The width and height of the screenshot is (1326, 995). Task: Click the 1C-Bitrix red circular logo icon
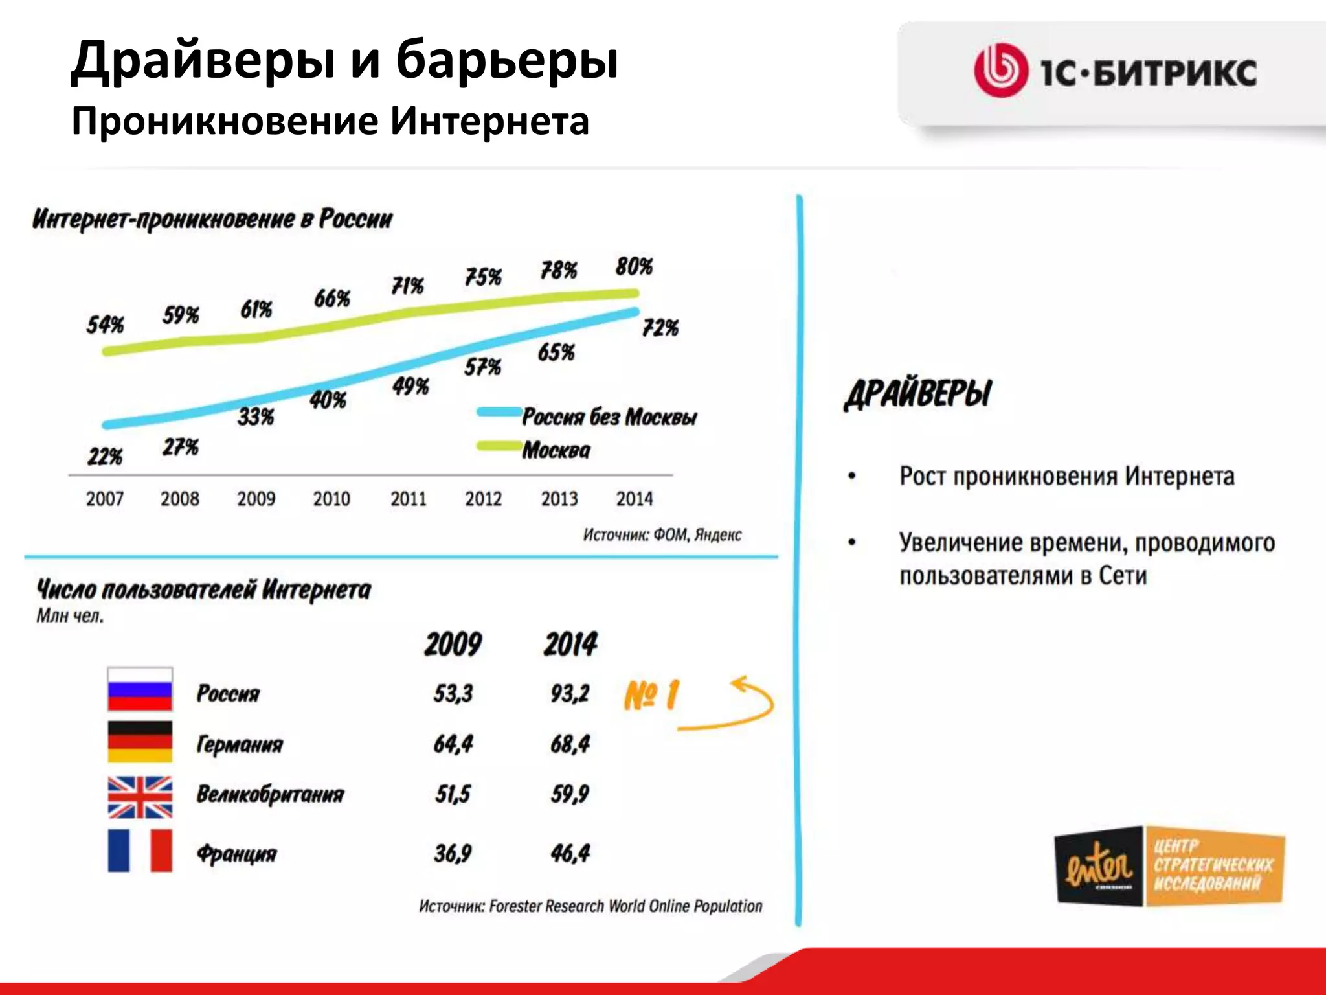point(1001,71)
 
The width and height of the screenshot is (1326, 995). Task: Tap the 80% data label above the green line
point(634,266)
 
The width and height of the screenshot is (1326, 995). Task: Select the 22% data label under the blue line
point(105,457)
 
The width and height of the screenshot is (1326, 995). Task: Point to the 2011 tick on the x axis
point(408,499)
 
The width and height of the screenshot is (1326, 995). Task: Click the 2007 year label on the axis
point(105,499)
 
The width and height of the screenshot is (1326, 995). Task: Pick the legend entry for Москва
point(556,450)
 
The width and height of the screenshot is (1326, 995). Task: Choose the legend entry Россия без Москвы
point(609,417)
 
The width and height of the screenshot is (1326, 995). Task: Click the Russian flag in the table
point(140,690)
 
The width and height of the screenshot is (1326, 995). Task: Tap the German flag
point(140,742)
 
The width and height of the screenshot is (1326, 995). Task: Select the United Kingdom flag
point(140,797)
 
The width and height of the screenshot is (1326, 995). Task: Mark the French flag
point(140,851)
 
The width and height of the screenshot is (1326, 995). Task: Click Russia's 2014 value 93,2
point(570,693)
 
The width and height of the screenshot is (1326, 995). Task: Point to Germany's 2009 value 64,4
point(453,744)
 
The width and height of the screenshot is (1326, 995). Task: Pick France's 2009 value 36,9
point(453,853)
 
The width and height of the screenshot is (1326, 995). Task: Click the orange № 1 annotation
point(651,696)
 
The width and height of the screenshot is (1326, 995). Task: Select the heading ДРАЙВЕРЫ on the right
point(918,393)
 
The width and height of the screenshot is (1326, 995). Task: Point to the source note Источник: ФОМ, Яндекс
point(662,535)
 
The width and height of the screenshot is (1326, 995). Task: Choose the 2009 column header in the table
point(453,645)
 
